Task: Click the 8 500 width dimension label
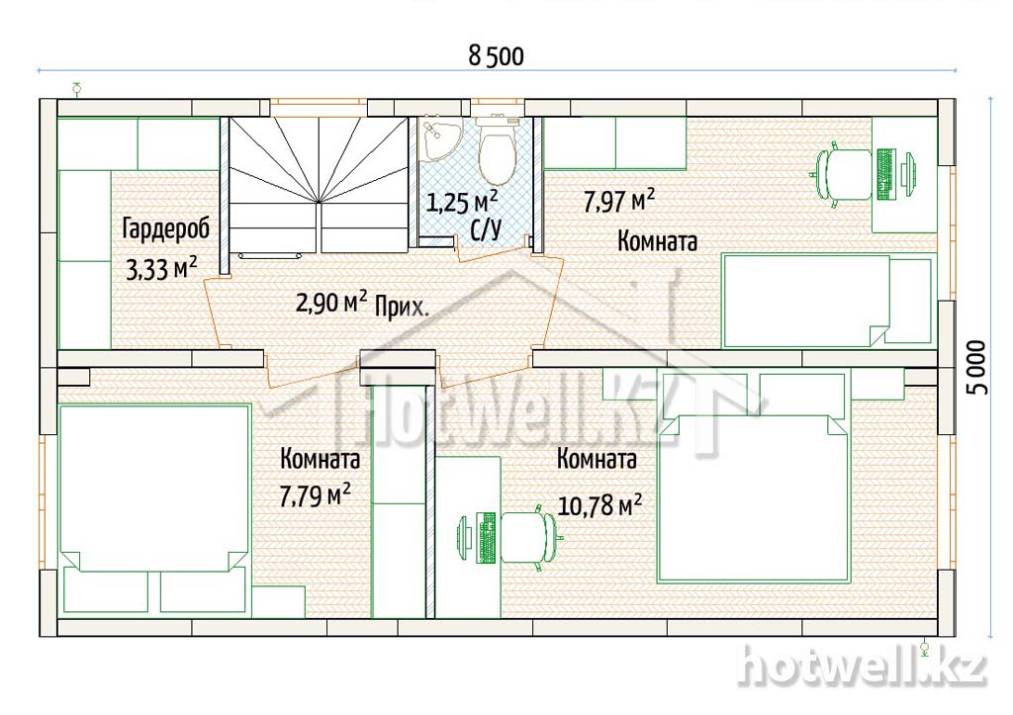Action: (x=497, y=56)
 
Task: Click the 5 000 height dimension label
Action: (x=978, y=367)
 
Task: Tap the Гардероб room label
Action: (x=166, y=229)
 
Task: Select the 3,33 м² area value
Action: (x=161, y=269)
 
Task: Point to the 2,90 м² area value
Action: (x=332, y=302)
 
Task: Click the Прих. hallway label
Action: (x=402, y=308)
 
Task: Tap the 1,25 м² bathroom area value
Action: (x=462, y=202)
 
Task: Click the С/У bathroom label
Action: (x=486, y=228)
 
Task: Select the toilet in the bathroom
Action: (x=496, y=151)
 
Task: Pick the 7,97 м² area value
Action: (x=619, y=200)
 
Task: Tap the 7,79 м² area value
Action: (x=316, y=494)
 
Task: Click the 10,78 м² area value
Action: (x=599, y=505)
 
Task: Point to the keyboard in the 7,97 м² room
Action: (x=885, y=173)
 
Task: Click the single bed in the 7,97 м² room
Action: (x=828, y=301)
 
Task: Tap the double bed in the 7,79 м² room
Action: (x=154, y=508)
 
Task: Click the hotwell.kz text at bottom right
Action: (x=863, y=667)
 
